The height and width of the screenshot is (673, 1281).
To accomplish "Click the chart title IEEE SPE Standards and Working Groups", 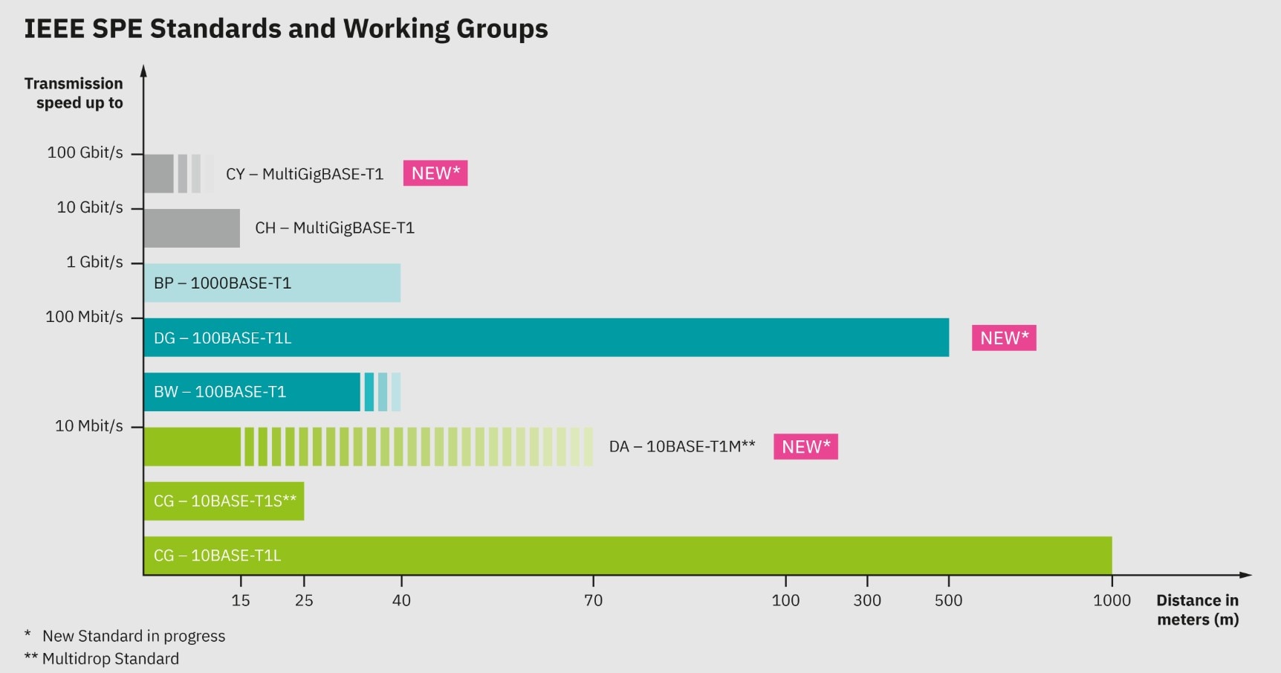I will [286, 29].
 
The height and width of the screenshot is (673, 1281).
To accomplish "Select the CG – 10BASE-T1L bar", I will [627, 556].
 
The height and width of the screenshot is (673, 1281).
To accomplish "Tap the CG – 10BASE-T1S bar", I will [224, 501].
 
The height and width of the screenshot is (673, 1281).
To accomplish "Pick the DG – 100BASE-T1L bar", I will [546, 338].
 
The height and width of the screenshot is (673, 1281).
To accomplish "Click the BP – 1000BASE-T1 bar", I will [272, 283].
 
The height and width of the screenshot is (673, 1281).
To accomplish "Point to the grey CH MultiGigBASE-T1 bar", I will [192, 228].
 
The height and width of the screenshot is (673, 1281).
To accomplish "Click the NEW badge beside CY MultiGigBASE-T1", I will [435, 173].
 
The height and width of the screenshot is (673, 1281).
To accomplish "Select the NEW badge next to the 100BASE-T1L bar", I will [1004, 338].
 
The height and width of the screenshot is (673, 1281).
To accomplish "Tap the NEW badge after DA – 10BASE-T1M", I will [805, 447].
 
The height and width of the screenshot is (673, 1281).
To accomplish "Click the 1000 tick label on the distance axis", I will [1112, 600].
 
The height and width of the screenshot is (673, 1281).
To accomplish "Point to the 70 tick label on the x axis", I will [593, 600].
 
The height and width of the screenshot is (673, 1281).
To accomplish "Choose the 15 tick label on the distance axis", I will [241, 600].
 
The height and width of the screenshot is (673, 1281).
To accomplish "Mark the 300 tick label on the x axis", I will [867, 600].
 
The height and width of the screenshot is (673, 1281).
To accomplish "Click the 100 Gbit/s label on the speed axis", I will [85, 152].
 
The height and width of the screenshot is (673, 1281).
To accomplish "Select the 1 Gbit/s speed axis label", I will [94, 262].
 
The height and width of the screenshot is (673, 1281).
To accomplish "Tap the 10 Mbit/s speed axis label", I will [89, 426].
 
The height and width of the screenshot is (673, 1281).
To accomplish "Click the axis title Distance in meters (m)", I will [1197, 610].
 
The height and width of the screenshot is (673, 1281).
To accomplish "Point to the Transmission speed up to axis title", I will [74, 93].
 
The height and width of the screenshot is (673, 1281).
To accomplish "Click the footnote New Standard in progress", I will [134, 636].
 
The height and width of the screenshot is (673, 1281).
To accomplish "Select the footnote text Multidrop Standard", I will [111, 659].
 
